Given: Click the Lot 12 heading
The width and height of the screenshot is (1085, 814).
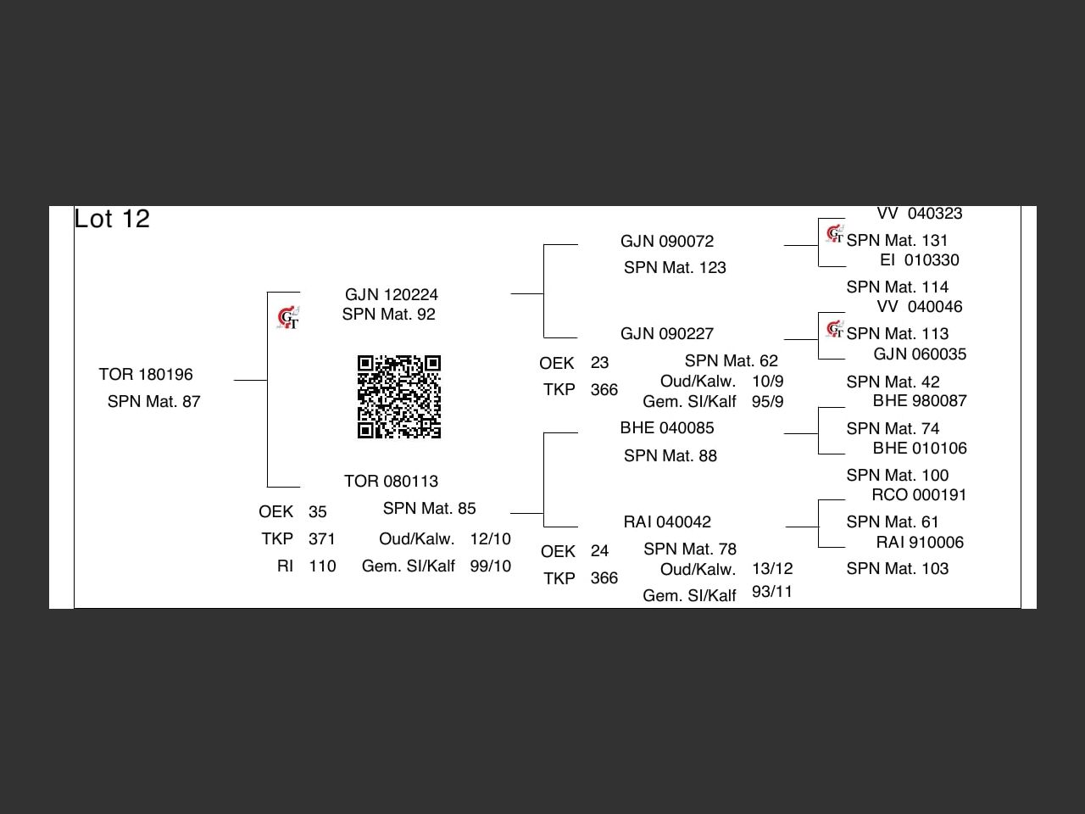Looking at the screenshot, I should pyautogui.click(x=112, y=219).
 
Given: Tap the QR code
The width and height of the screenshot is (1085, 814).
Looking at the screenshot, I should pyautogui.click(x=399, y=397).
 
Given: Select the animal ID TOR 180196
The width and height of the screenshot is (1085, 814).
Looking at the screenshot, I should pyautogui.click(x=146, y=375).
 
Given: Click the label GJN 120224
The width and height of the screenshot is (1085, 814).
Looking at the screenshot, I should pyautogui.click(x=392, y=295).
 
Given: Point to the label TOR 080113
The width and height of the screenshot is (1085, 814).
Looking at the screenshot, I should pyautogui.click(x=391, y=482).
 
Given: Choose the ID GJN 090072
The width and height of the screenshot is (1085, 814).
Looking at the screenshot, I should pyautogui.click(x=667, y=242).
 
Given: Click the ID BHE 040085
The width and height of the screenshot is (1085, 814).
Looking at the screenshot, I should pyautogui.click(x=667, y=428).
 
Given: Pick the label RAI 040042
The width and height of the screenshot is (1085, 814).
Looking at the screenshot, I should pyautogui.click(x=667, y=522).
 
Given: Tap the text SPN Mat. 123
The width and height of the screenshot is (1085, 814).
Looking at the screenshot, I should pyautogui.click(x=675, y=268).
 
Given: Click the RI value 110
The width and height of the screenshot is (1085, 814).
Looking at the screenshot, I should pyautogui.click(x=322, y=566).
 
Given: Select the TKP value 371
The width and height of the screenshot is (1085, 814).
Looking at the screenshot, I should pyautogui.click(x=322, y=539).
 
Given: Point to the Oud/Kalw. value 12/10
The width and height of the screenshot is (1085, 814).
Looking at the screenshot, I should pyautogui.click(x=491, y=539).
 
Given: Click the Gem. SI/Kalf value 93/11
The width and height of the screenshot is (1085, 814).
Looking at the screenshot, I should pyautogui.click(x=772, y=592).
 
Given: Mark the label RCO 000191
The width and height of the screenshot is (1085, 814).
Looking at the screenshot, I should pyautogui.click(x=919, y=495).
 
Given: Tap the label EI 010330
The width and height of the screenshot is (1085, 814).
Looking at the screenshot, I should pyautogui.click(x=920, y=260).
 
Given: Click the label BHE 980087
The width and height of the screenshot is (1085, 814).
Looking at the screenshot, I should pyautogui.click(x=920, y=401).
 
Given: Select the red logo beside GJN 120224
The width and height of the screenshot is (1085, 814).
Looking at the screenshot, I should pyautogui.click(x=288, y=318).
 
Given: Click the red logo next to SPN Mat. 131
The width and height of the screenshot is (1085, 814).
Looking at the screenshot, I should pyautogui.click(x=835, y=233).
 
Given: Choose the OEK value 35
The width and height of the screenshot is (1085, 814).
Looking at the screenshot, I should pyautogui.click(x=318, y=512).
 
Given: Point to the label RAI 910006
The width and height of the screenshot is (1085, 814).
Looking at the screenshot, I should pyautogui.click(x=920, y=543).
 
